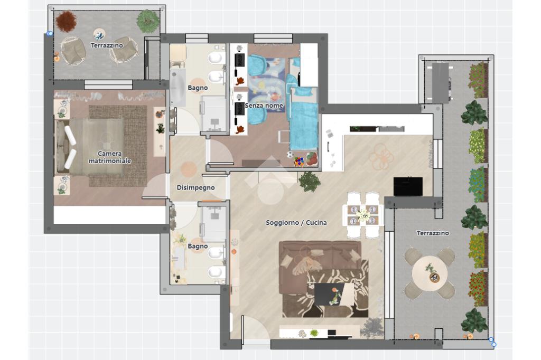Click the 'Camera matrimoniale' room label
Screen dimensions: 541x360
[x=110, y=157]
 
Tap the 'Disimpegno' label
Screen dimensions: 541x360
[x=195, y=187]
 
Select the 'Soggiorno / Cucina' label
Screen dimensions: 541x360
[x=296, y=222]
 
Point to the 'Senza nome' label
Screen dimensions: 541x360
[x=264, y=106]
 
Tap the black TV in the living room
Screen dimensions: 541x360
[x=408, y=186]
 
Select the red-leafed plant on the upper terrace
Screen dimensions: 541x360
[x=66, y=22]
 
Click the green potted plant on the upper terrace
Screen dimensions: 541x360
[x=148, y=21]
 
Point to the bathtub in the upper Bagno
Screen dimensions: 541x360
[x=178, y=88]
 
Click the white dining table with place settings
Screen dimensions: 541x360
[x=362, y=215]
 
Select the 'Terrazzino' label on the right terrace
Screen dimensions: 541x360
[x=433, y=233]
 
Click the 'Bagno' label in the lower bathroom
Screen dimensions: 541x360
[x=198, y=246]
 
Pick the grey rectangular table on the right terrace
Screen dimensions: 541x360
[x=440, y=83]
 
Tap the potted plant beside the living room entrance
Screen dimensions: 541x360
[x=310, y=182]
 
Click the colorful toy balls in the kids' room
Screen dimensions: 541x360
[x=299, y=162]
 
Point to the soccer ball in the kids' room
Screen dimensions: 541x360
[x=290, y=155]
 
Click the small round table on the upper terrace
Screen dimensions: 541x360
[x=99, y=34]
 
